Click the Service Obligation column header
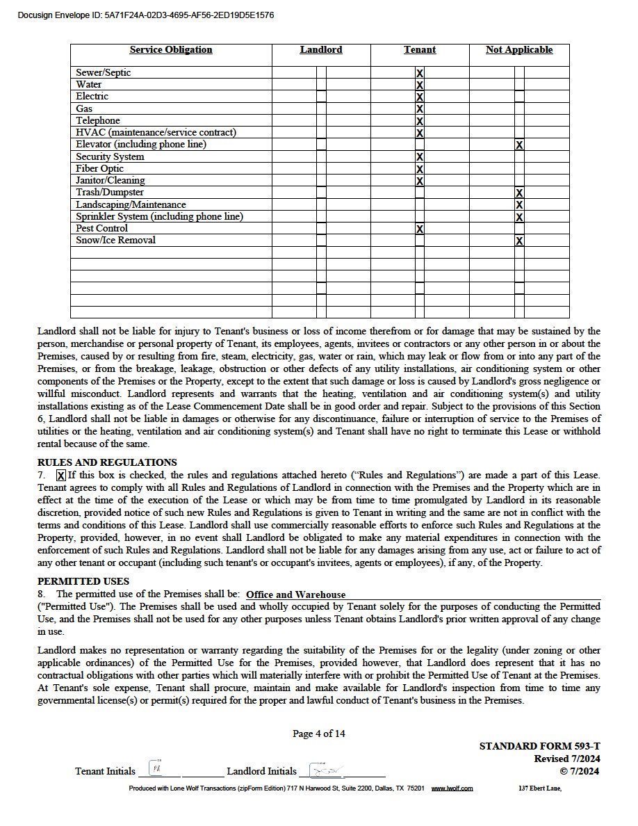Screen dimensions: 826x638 171,50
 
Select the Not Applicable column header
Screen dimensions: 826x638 519,50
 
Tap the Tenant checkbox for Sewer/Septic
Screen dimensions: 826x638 420,73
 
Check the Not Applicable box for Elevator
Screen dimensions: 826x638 519,145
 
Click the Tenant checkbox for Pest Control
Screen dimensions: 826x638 420,229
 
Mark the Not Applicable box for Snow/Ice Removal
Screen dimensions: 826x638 519,241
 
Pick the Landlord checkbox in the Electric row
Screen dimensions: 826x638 321,97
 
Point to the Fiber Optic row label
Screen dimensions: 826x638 100,169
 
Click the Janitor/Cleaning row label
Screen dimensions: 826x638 111,181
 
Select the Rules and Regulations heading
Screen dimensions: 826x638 107,462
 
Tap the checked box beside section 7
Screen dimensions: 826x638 60,476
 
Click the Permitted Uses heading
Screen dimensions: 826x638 83,581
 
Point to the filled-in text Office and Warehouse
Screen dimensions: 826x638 295,594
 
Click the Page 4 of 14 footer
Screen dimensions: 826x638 319,734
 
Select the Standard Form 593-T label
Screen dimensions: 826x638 539,746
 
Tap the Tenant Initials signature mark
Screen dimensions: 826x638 157,770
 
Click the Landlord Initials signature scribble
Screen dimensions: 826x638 324,770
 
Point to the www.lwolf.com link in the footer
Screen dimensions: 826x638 452,788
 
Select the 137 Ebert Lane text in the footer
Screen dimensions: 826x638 540,788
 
